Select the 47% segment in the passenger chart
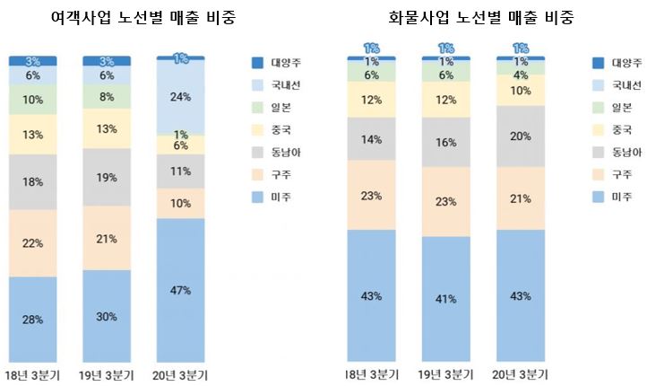coord(181,290)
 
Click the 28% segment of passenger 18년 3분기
coord(33,319)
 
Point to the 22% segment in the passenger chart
coord(33,243)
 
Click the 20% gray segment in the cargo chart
coord(520,136)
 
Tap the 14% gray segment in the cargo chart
coord(371,139)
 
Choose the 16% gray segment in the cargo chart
coord(445,142)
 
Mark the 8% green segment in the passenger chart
coord(107,98)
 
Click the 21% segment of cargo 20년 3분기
coord(520,198)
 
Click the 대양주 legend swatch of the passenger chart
coord(257,63)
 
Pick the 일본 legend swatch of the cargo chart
coord(598,107)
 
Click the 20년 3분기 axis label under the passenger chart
coord(181,374)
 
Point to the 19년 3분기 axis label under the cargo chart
coord(445,374)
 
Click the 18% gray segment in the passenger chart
coord(33,181)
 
